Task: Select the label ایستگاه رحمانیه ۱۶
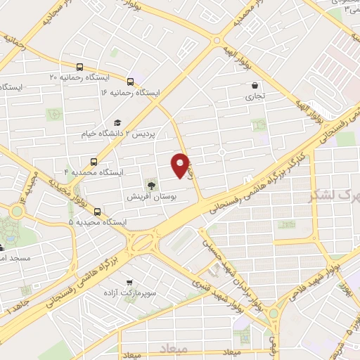130,92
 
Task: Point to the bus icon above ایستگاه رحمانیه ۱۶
130,80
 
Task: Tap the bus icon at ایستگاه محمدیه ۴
94,161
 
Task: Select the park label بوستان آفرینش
150,198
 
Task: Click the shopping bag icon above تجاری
254,85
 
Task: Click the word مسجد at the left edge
15,259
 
